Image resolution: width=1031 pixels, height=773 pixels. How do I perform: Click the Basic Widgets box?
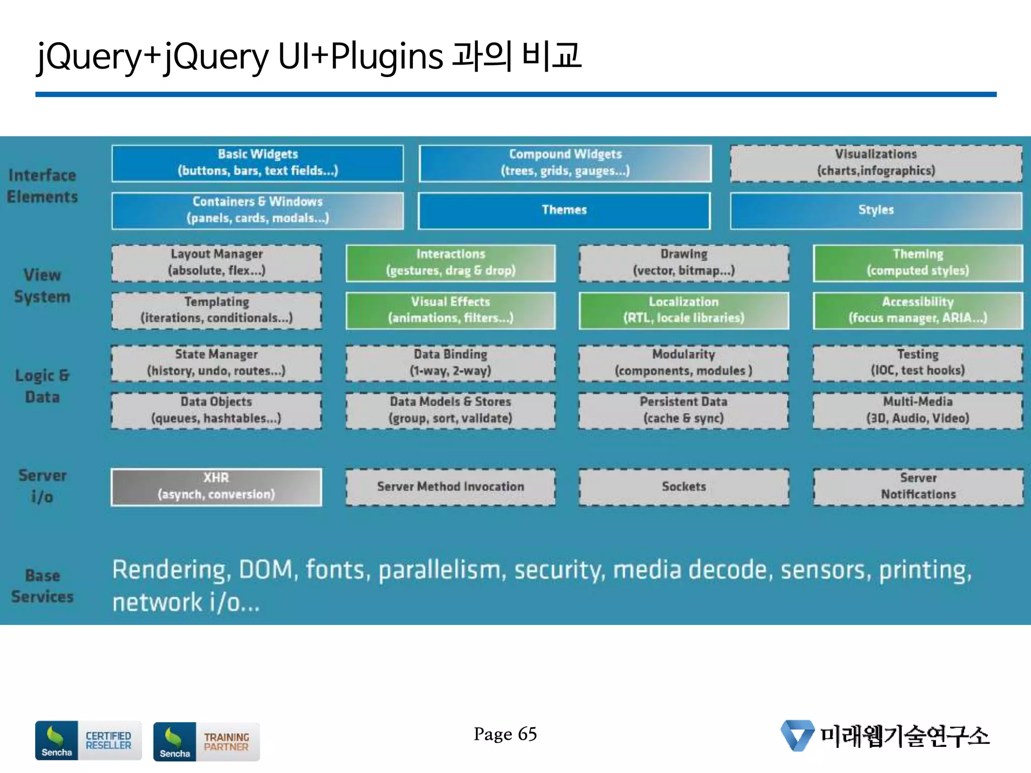click(257, 163)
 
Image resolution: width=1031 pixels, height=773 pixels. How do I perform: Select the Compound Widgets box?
click(565, 163)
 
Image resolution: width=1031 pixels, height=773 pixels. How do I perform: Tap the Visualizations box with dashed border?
click(876, 163)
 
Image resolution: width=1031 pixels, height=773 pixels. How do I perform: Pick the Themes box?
click(564, 210)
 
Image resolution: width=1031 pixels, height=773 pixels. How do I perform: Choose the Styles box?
click(876, 210)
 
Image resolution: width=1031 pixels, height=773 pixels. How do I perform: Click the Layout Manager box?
click(216, 263)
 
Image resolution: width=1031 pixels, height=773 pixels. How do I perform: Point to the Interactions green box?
click(451, 263)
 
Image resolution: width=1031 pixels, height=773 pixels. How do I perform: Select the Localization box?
click(684, 310)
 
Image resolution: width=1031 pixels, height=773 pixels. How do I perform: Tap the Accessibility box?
click(918, 310)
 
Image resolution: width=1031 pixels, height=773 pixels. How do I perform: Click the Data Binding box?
click(451, 363)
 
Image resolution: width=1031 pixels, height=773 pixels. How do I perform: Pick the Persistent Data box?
click(684, 410)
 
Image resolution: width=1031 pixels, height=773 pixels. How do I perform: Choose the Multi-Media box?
click(918, 410)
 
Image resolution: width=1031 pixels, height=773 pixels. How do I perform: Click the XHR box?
click(216, 487)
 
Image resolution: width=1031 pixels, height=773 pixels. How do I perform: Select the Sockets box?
click(684, 487)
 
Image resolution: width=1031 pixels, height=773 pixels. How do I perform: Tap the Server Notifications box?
click(918, 487)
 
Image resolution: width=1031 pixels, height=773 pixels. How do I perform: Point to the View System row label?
click(42, 286)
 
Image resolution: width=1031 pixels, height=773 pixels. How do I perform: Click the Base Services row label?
click(42, 586)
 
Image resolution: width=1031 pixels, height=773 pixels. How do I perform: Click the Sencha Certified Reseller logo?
click(88, 740)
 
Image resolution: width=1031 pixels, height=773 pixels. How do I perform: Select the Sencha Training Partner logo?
click(206, 742)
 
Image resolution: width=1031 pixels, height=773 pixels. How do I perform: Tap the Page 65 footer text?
click(505, 734)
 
